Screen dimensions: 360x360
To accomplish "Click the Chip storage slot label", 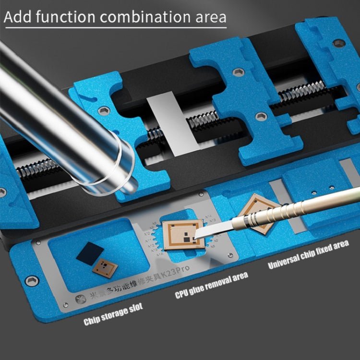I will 113,314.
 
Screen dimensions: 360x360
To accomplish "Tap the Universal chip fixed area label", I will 308,255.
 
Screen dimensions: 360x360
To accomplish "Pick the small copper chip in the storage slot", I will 105,268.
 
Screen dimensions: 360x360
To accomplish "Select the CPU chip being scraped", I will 182,235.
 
